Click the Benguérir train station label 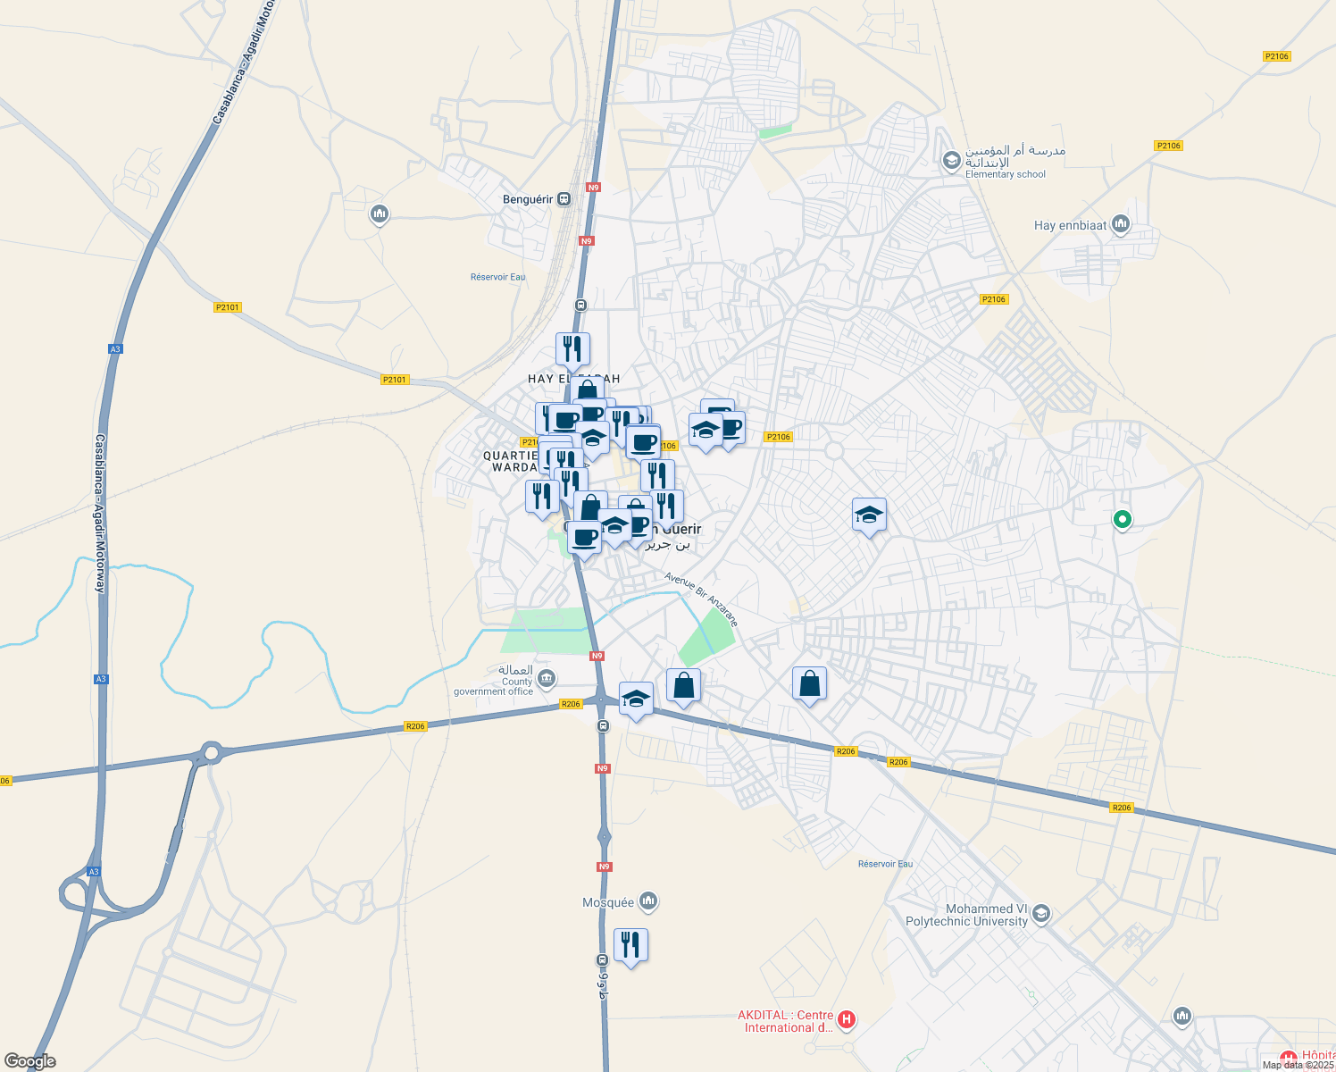point(528,199)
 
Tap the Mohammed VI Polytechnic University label point(968,915)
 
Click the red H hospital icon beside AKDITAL point(848,1018)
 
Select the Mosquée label point(608,902)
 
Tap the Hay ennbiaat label point(1070,225)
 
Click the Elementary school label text point(1005,174)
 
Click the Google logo point(30,1061)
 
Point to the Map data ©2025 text point(1298,1065)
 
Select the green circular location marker point(1123,518)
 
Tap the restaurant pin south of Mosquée point(630,944)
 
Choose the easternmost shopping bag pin point(809,683)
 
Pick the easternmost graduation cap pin point(869,515)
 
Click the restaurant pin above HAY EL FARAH point(572,348)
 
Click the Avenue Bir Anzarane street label point(702,599)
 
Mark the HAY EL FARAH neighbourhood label point(573,379)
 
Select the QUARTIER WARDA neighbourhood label point(512,461)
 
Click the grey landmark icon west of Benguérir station point(380,214)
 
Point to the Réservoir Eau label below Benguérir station point(497,277)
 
